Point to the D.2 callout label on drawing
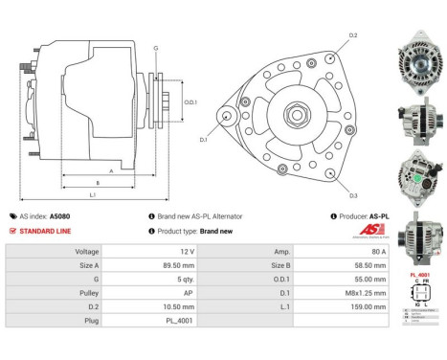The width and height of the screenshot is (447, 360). pyautogui.click(x=353, y=35)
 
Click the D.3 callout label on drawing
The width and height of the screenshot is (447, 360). pyautogui.click(x=353, y=196)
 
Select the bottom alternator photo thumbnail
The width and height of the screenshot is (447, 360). pyautogui.click(x=419, y=237)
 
